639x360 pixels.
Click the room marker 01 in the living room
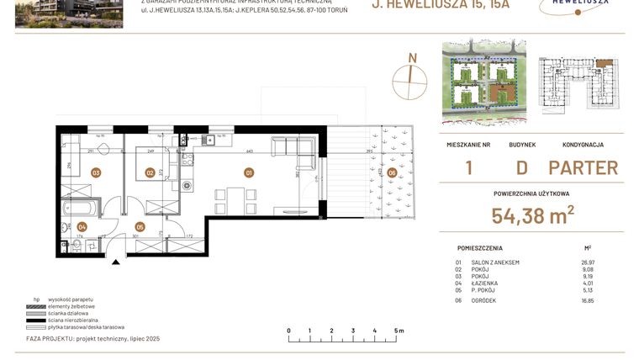[249, 173]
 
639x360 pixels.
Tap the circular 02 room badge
[150, 173]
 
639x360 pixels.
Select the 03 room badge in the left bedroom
[96, 173]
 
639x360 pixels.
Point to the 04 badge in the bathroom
[82, 226]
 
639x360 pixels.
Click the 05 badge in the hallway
[140, 226]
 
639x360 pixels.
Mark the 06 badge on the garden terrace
[392, 173]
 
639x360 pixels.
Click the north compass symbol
[411, 74]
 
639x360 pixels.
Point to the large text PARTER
[583, 167]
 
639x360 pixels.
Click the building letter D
[521, 167]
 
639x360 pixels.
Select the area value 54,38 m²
[533, 215]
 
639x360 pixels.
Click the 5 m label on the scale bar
[399, 331]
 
